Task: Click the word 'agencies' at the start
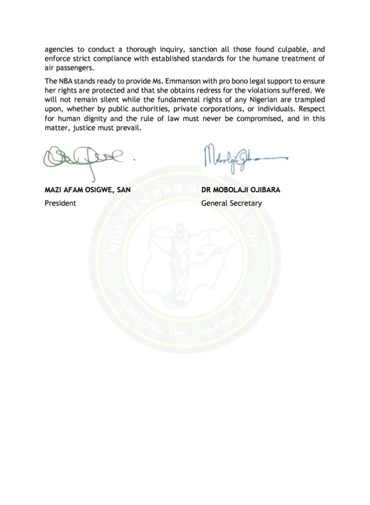(x=59, y=50)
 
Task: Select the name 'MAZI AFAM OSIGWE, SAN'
(x=88, y=190)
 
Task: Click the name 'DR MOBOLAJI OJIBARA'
(x=241, y=190)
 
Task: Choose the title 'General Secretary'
(x=231, y=203)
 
